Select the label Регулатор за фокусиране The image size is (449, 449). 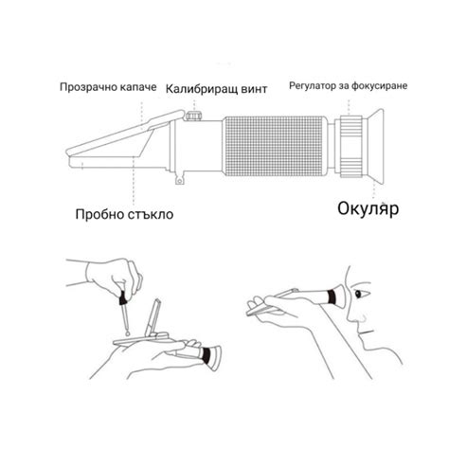click(x=350, y=86)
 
